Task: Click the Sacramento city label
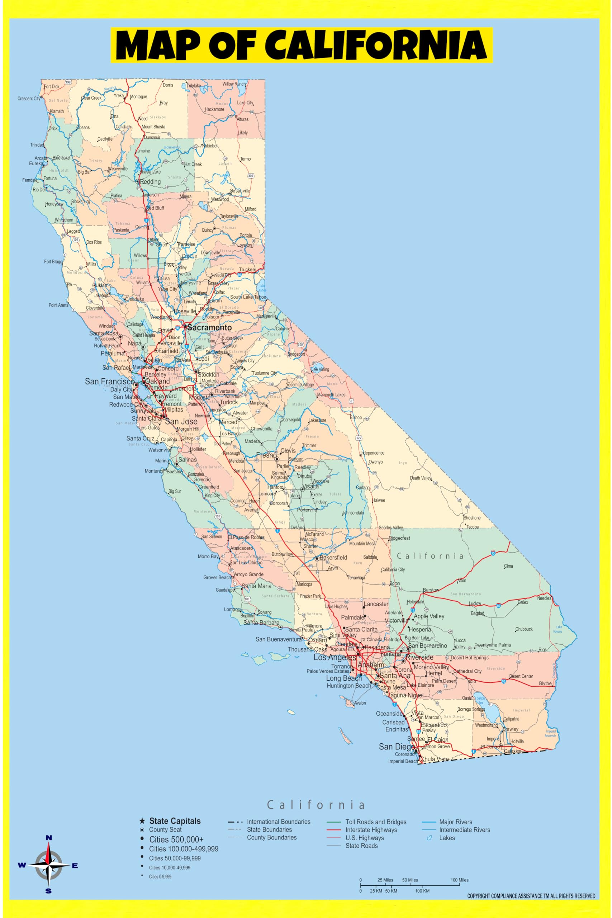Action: click(x=209, y=327)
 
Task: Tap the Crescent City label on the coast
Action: click(x=28, y=98)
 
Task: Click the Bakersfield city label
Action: click(x=333, y=557)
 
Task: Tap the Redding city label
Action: click(x=150, y=181)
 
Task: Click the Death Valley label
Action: click(x=420, y=478)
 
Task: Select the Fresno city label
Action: click(x=266, y=455)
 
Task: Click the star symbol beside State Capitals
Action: click(x=142, y=821)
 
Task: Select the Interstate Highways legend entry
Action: click(x=371, y=830)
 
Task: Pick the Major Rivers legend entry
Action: click(x=455, y=822)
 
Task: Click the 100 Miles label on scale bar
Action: click(x=459, y=880)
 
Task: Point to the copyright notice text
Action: click(x=531, y=896)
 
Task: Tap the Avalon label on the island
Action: click(x=360, y=703)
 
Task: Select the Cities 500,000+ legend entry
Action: click(x=176, y=839)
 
